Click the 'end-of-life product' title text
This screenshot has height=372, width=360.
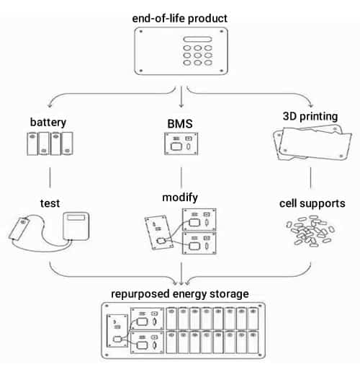[x=180, y=17]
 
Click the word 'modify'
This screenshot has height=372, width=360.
[x=180, y=196]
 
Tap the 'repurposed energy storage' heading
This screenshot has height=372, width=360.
[x=180, y=294]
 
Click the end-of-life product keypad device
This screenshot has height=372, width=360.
[x=180, y=50]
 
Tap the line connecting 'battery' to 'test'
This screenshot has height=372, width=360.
[x=49, y=177]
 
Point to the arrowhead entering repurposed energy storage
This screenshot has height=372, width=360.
[x=180, y=284]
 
